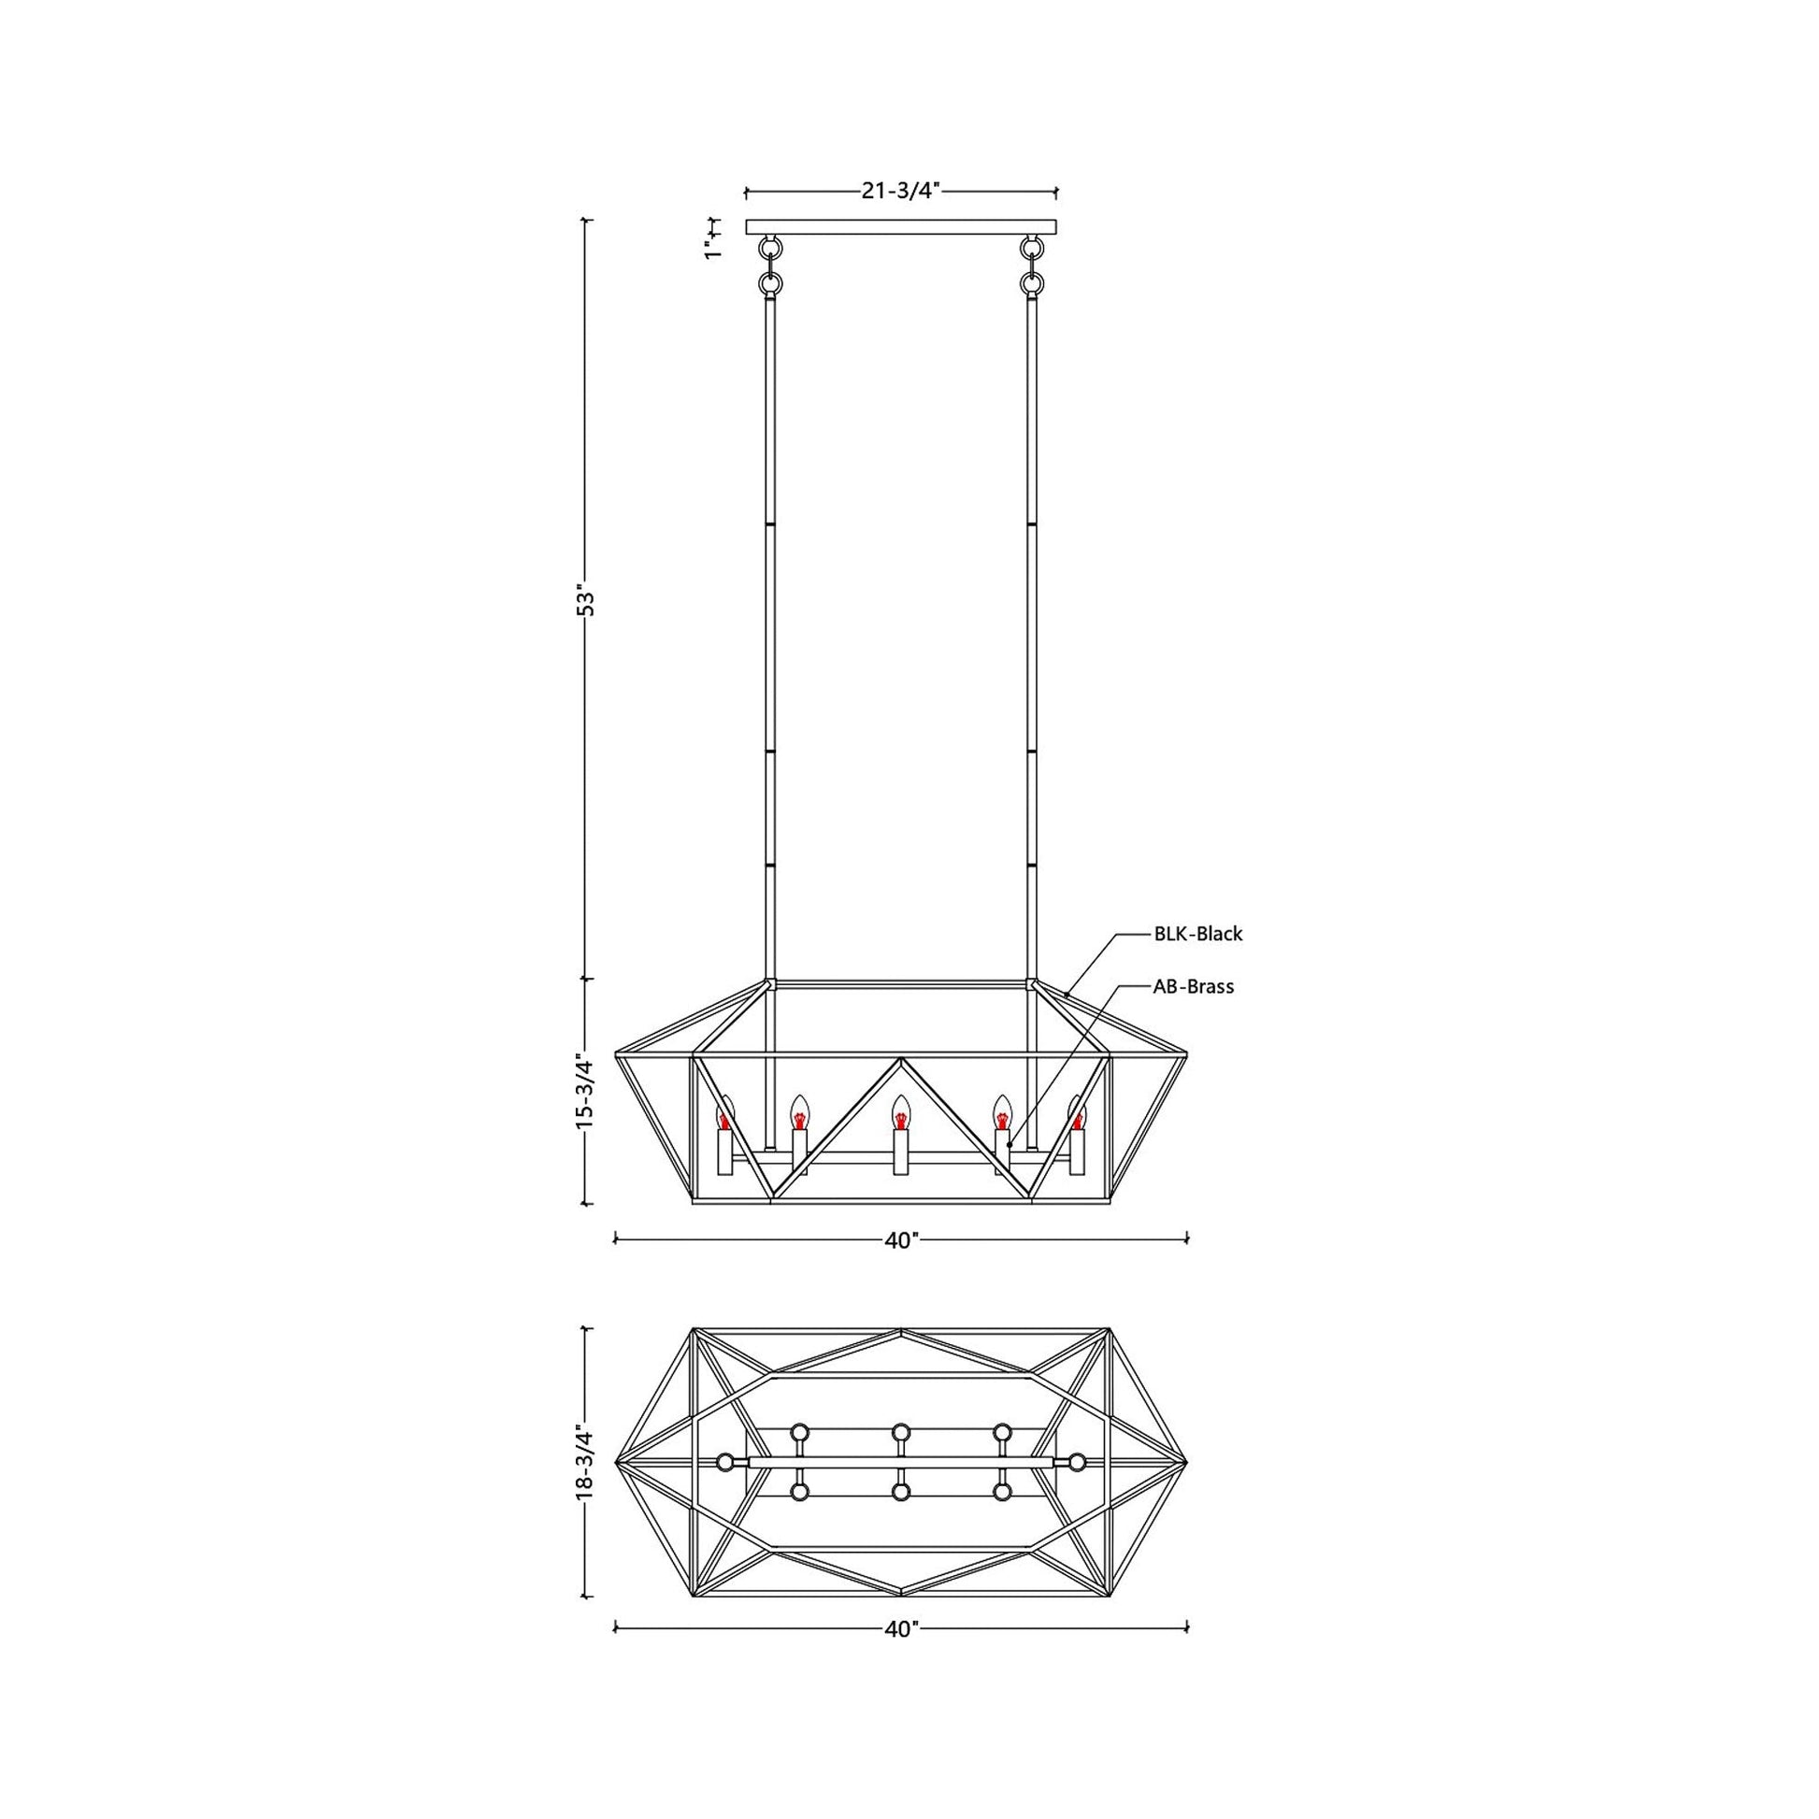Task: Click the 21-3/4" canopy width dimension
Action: click(x=901, y=191)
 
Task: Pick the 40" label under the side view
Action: click(x=901, y=1240)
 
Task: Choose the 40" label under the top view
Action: click(x=901, y=1630)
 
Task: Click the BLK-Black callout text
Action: click(x=1197, y=934)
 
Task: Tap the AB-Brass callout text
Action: click(x=1193, y=987)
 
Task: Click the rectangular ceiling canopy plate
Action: click(x=901, y=227)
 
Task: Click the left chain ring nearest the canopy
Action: click(x=771, y=249)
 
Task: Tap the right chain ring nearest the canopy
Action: click(x=1032, y=249)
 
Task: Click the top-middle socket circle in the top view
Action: click(x=901, y=1432)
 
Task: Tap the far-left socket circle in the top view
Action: click(x=725, y=1462)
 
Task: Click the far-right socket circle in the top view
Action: click(x=1076, y=1462)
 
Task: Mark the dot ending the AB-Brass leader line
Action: click(x=1009, y=1145)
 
